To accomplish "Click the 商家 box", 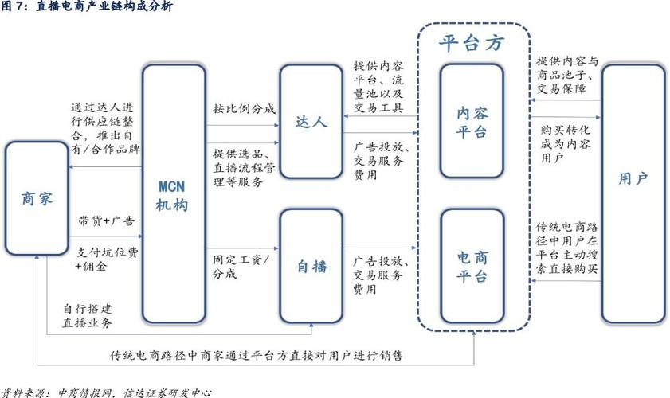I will click(x=36, y=198).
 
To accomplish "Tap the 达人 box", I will click(x=311, y=121).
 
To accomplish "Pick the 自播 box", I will click(x=311, y=266).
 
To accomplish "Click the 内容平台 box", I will click(x=472, y=121).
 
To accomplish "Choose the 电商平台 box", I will click(x=472, y=266).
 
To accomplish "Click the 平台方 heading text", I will click(x=472, y=44).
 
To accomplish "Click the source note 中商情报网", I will click(x=100, y=392).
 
